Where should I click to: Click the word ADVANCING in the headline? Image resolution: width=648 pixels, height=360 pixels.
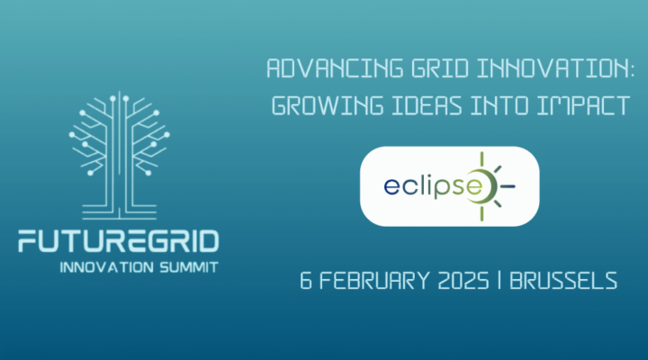[312, 69]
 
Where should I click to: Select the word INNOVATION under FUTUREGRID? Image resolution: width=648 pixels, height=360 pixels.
[102, 268]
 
